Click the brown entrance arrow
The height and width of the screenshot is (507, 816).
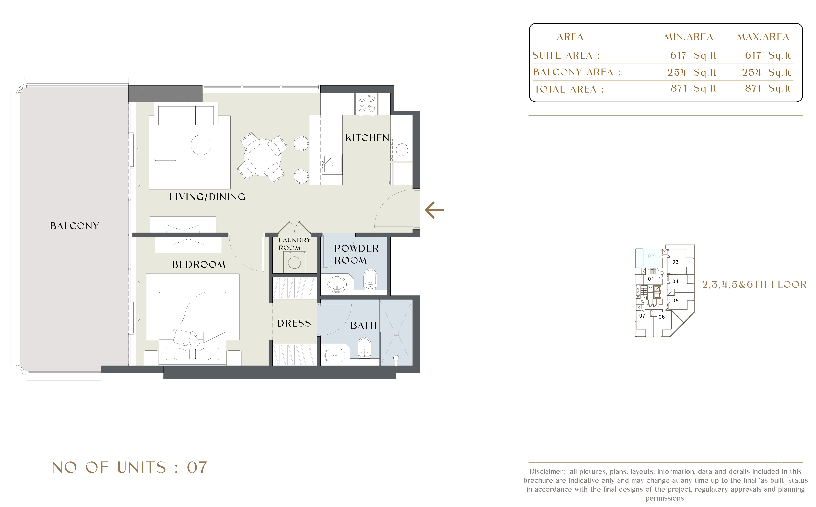click(x=434, y=210)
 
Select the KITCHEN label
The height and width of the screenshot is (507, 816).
click(x=367, y=138)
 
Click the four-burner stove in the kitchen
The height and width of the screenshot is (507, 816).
click(x=366, y=103)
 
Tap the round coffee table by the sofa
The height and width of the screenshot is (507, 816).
click(x=201, y=145)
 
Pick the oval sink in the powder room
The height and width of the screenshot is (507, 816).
click(x=337, y=284)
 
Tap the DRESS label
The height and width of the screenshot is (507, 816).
click(x=294, y=323)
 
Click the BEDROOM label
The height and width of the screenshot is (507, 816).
click(x=199, y=265)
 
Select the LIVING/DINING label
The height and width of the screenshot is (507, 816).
click(x=207, y=197)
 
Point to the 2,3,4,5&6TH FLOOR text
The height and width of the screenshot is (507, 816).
click(x=754, y=285)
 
